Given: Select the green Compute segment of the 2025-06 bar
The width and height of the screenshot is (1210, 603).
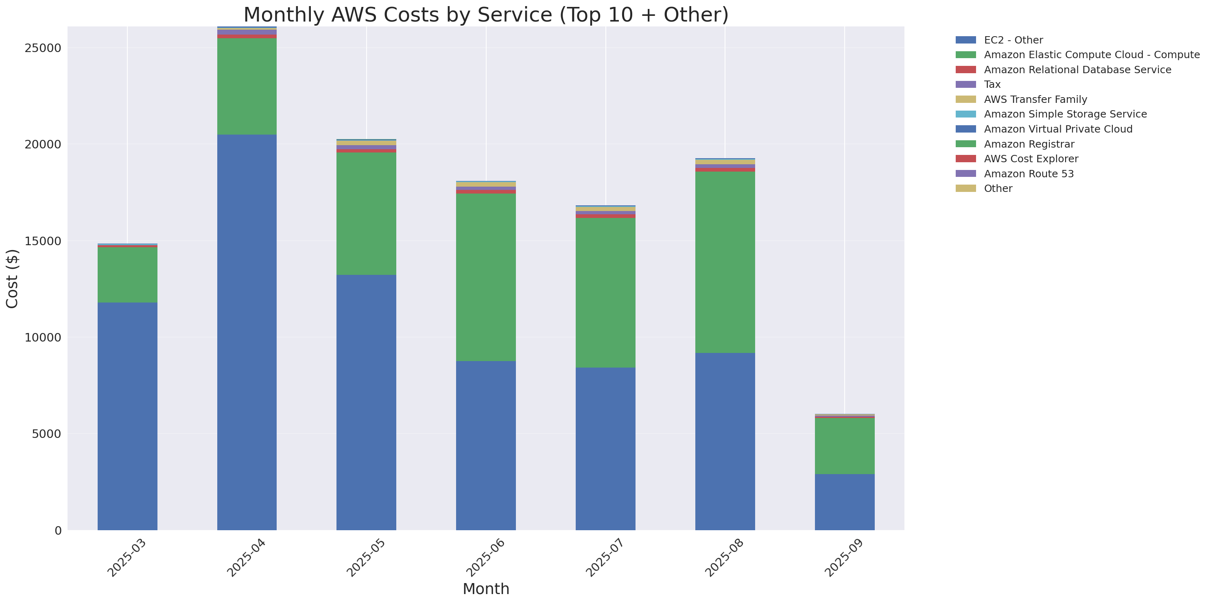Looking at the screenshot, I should click(486, 277).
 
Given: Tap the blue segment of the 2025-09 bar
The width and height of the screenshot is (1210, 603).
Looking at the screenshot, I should click(844, 502).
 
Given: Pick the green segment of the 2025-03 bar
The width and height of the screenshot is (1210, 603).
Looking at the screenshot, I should click(127, 274).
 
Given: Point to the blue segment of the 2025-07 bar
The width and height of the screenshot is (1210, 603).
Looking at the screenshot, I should click(605, 448).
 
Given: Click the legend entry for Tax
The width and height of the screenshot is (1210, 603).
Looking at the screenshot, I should click(992, 85).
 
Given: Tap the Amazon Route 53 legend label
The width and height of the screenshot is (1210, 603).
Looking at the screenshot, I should click(1028, 174).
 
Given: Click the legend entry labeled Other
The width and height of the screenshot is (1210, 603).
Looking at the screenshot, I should click(998, 189).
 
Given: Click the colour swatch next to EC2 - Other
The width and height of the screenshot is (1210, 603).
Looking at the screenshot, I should click(965, 40).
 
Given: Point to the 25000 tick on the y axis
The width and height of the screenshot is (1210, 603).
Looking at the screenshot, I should click(43, 48).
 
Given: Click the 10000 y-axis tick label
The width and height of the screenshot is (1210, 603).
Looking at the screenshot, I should click(43, 337).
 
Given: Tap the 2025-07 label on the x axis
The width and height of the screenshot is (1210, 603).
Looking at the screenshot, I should click(604, 558).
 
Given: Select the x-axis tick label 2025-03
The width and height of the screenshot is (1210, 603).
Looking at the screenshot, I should click(126, 558).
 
